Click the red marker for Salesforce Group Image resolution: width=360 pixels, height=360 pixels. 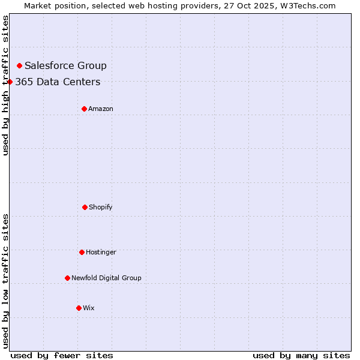(x=19, y=65)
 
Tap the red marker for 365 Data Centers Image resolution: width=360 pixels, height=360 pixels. (x=10, y=82)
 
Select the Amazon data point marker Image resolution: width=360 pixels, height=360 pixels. (x=84, y=109)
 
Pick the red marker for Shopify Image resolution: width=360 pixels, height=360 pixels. (x=85, y=207)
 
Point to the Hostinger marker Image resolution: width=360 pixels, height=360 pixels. (x=82, y=252)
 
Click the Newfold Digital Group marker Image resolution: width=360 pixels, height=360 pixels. (x=67, y=278)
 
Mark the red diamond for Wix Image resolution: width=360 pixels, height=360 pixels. (x=79, y=308)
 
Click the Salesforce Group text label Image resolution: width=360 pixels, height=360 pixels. (x=65, y=65)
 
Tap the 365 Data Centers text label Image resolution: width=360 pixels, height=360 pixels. (x=58, y=82)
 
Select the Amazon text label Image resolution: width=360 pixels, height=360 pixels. (x=101, y=109)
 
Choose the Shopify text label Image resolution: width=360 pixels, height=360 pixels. (x=101, y=207)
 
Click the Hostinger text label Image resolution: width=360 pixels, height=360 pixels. (x=101, y=252)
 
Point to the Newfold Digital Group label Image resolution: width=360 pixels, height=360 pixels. (x=106, y=278)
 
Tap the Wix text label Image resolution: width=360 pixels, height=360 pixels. (x=89, y=308)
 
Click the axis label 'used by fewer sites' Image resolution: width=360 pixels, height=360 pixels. (x=62, y=355)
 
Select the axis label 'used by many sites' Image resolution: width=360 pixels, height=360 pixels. (x=301, y=355)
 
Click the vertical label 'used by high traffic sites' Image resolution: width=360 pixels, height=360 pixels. (x=5, y=85)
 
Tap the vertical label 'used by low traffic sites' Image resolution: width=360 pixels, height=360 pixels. (x=5, y=281)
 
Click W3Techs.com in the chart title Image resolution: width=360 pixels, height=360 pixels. (x=307, y=5)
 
